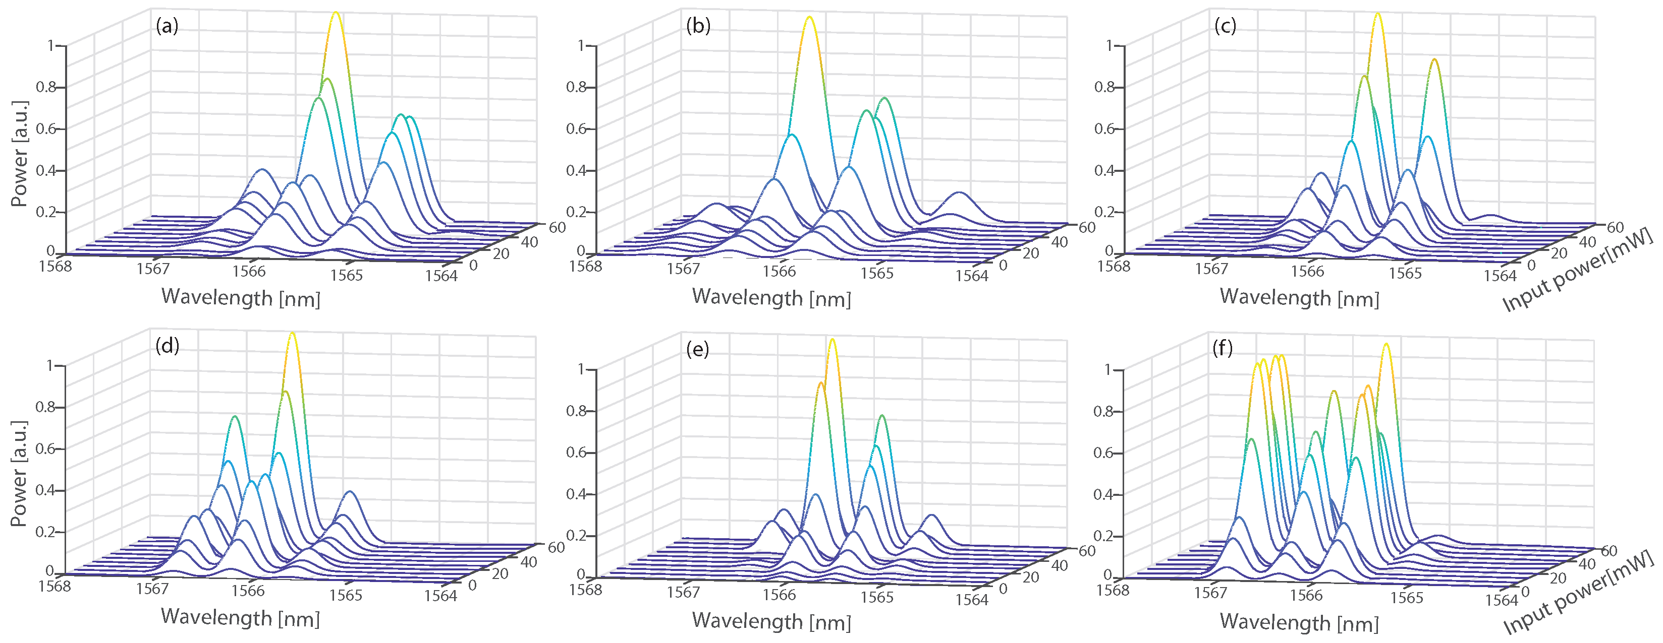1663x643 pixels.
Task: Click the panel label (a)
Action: tap(167, 26)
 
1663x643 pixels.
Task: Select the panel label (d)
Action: tap(167, 346)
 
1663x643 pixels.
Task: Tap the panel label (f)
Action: tap(1222, 349)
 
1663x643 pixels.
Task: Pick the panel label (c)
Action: tap(1225, 26)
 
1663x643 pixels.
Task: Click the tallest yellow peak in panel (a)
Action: tap(336, 14)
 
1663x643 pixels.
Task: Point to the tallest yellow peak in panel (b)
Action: tap(809, 19)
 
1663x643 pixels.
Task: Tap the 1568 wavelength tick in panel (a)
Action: tap(55, 266)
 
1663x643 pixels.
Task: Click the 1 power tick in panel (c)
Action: tap(1109, 46)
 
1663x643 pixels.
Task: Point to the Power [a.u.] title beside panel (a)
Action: tap(19, 154)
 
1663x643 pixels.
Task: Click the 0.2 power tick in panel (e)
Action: tap(575, 535)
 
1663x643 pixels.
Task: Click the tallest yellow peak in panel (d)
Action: tap(293, 334)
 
